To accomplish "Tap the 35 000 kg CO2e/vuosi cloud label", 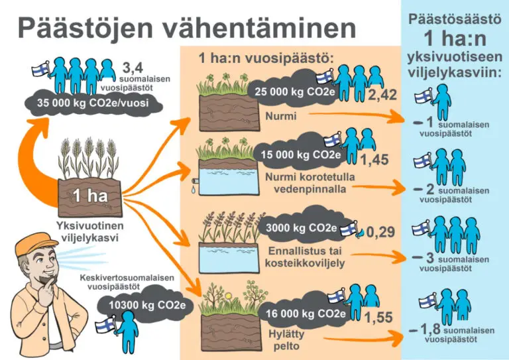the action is click(x=93, y=103).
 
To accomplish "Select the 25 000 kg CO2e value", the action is click(x=294, y=92).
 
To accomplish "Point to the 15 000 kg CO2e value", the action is click(x=301, y=155).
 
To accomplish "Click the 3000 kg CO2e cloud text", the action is click(x=301, y=228).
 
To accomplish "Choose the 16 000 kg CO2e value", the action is click(x=306, y=314).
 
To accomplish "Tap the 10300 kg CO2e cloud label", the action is click(x=147, y=305).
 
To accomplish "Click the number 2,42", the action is click(x=382, y=95).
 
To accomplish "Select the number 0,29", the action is click(x=380, y=232).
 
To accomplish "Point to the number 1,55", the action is click(x=378, y=317).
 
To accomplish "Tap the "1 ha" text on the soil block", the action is click(x=90, y=196).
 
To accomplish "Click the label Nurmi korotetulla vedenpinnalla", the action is click(x=310, y=183).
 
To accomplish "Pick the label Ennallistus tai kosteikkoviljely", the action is click(x=304, y=257).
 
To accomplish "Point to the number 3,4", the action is click(x=133, y=68).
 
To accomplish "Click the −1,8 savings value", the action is click(x=425, y=329).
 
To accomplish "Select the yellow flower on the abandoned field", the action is click(x=229, y=296).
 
